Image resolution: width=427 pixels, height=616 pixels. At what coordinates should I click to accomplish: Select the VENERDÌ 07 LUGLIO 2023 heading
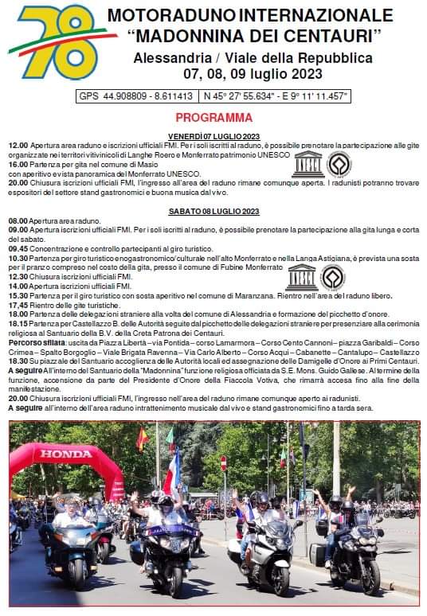click(213, 137)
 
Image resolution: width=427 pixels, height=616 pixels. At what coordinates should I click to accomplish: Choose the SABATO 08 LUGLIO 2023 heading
click(213, 211)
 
